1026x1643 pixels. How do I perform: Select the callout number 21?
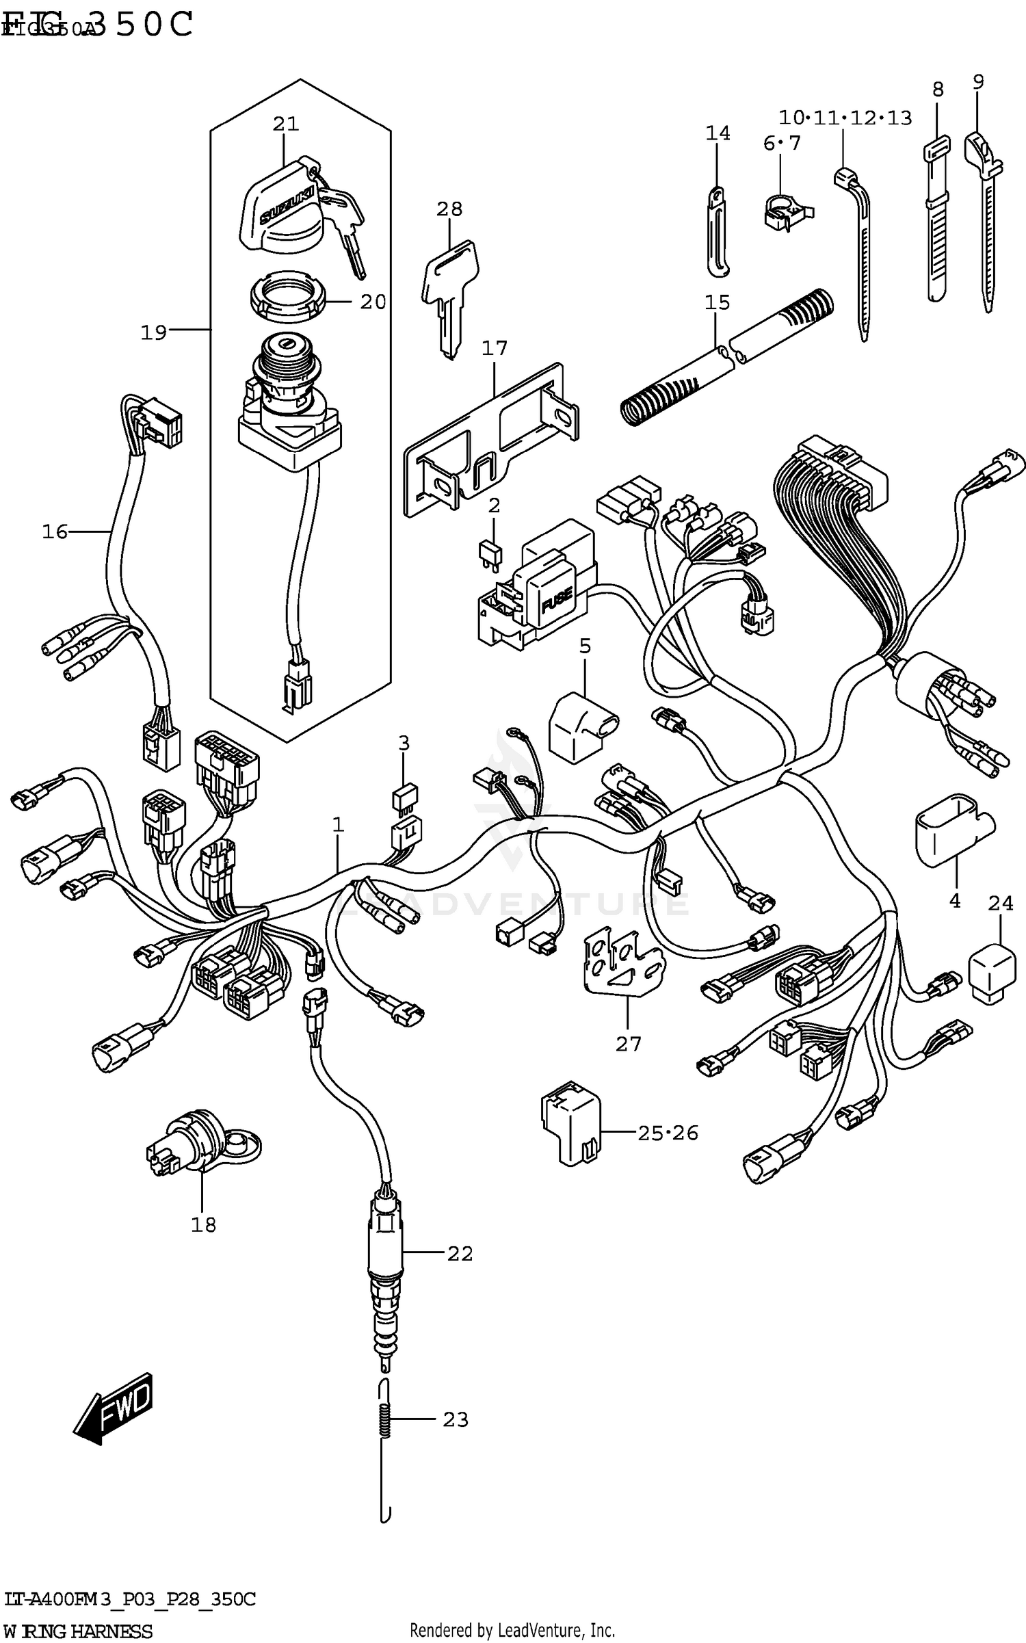(286, 124)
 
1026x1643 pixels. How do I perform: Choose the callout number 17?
(495, 348)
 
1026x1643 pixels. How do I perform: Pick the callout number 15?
(718, 302)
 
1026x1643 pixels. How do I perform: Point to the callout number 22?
(460, 1253)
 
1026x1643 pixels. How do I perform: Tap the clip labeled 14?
(717, 233)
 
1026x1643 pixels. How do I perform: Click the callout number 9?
(978, 82)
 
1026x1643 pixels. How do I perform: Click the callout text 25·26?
(668, 1133)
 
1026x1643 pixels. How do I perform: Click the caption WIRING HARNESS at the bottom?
(79, 1631)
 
